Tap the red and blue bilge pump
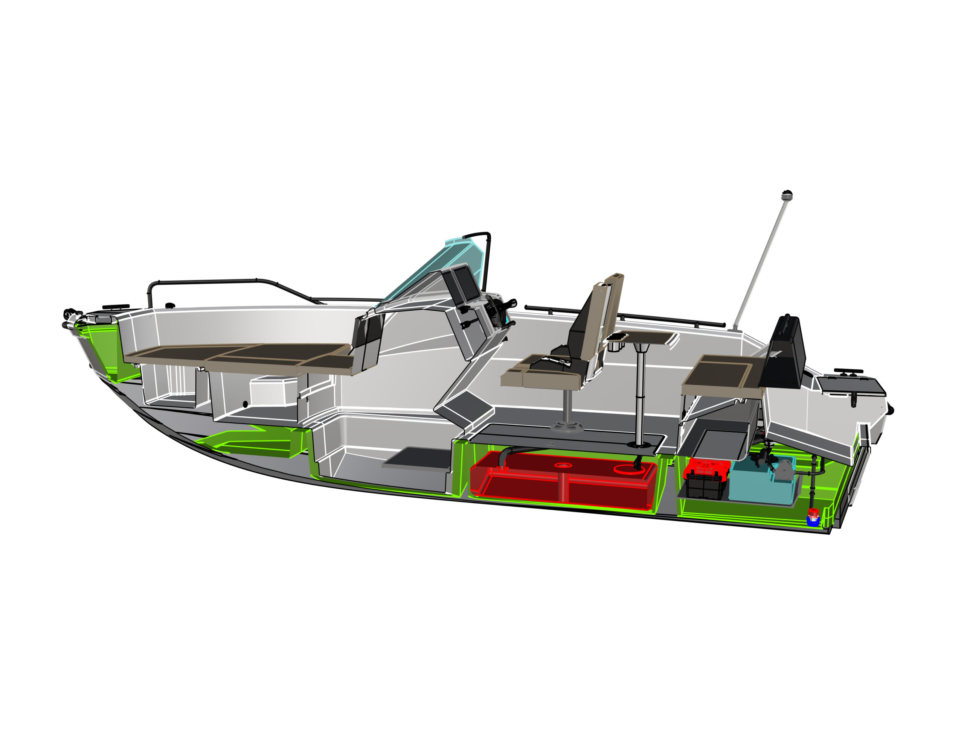pos(813,518)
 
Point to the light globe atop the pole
pos(787,195)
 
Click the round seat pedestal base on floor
pos(567,426)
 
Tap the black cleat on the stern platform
pos(848,372)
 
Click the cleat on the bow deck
pos(116,307)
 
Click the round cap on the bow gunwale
pos(170,305)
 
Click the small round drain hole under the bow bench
pos(246,404)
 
